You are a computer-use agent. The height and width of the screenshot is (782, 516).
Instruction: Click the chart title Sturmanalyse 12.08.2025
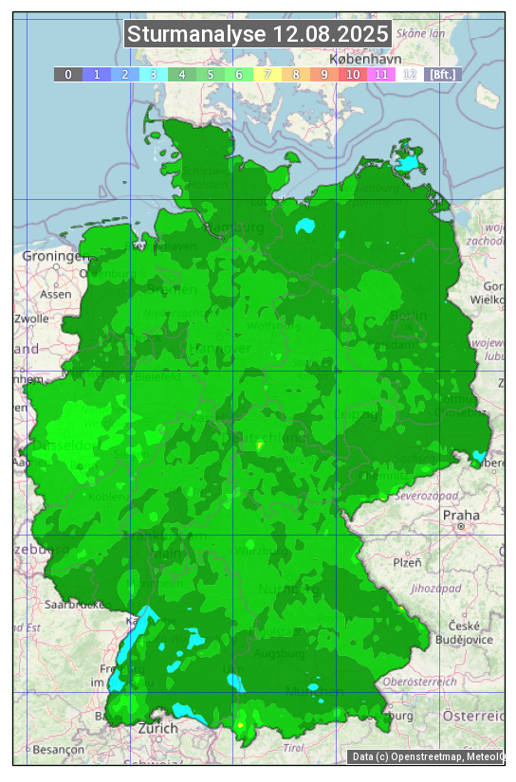click(x=257, y=35)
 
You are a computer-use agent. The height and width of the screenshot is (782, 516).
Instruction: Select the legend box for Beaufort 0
click(x=67, y=74)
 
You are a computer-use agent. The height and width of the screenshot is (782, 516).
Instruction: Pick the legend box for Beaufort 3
click(x=154, y=74)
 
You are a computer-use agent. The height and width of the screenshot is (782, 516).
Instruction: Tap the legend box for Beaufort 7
click(x=267, y=74)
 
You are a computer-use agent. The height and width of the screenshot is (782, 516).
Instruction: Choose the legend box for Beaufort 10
click(x=353, y=74)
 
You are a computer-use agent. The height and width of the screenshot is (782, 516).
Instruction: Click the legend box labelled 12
click(x=410, y=74)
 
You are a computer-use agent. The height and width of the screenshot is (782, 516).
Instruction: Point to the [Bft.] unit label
click(x=442, y=74)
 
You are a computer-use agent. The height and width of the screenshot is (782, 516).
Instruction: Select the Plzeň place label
click(x=407, y=562)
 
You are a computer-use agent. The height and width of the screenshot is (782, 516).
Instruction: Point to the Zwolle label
click(x=31, y=318)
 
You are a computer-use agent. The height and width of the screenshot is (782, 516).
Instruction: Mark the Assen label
click(x=56, y=294)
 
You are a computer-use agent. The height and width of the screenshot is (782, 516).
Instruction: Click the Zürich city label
click(x=157, y=728)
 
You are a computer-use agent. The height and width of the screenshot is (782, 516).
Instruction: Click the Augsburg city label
click(x=281, y=654)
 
